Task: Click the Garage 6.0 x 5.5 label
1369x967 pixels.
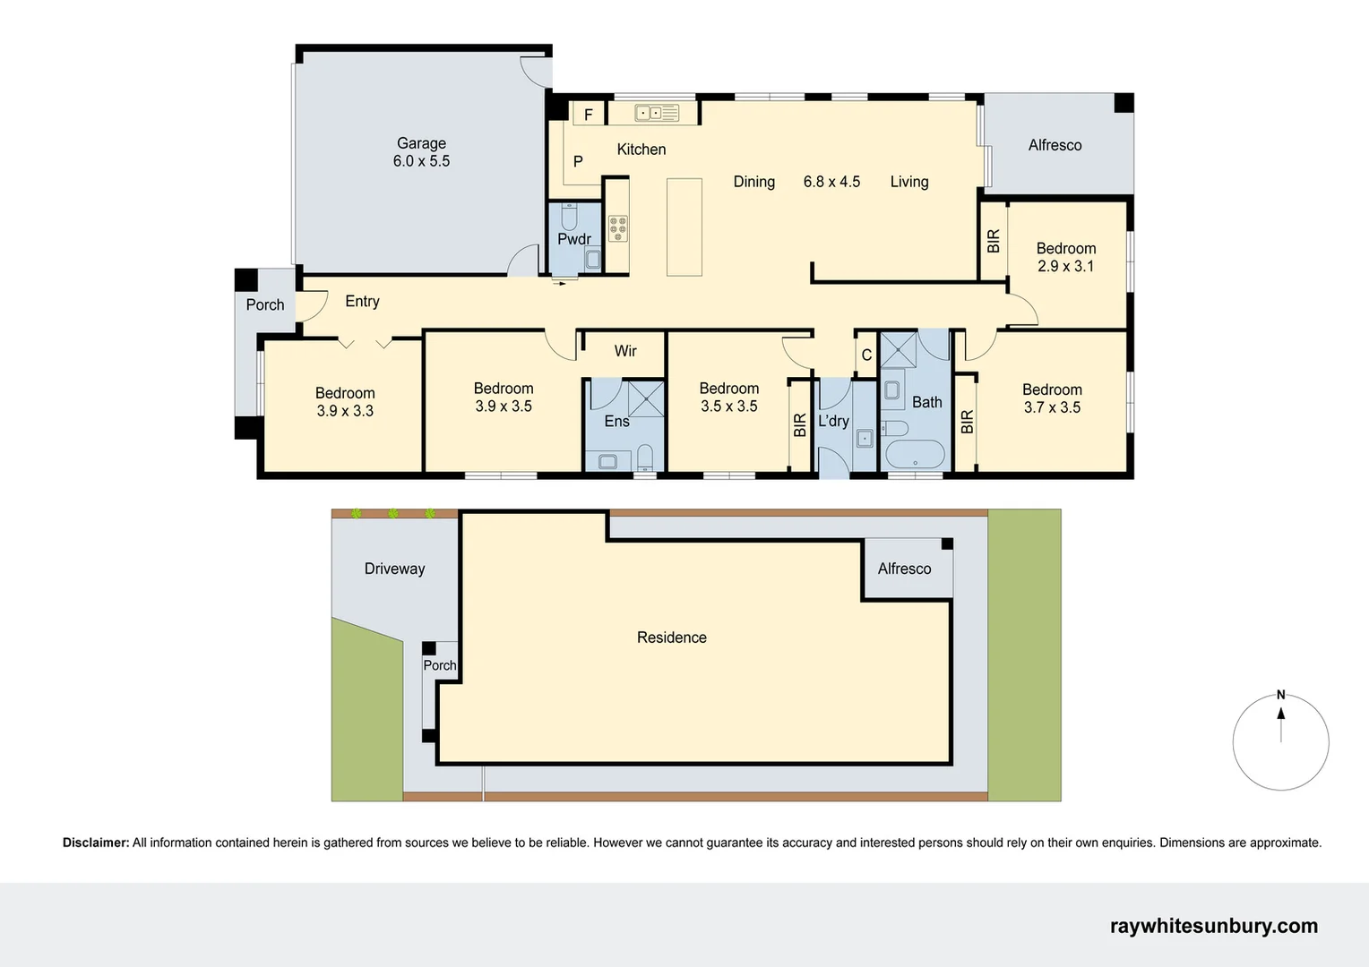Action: [x=421, y=152]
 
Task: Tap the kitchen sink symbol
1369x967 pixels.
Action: [x=656, y=113]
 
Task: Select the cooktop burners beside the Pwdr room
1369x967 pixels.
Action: [x=618, y=228]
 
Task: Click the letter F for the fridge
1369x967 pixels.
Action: [x=589, y=115]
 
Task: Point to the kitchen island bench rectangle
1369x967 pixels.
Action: [x=684, y=227]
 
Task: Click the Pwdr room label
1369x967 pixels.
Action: [x=574, y=239]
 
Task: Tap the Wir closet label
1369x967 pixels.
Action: [x=625, y=351]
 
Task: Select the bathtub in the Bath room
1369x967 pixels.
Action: [x=915, y=454]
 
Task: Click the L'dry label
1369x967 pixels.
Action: [x=833, y=421]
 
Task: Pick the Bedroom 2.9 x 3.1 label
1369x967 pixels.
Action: [x=1066, y=257]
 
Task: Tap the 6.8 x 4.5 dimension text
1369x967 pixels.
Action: [x=831, y=182]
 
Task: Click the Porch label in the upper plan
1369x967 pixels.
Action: [x=265, y=304]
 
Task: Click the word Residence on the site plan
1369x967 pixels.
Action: [x=672, y=638]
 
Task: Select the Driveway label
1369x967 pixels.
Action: [x=394, y=569]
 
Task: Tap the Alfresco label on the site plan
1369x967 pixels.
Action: [x=904, y=569]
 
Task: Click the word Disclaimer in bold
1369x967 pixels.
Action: [x=96, y=843]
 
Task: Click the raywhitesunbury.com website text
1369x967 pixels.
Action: [x=1213, y=926]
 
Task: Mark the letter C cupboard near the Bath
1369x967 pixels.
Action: [x=866, y=355]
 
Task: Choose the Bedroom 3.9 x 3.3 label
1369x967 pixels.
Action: [x=345, y=402]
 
